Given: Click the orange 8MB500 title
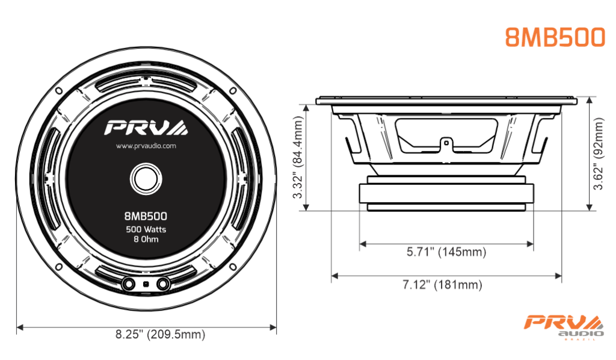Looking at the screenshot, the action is pos(555,37).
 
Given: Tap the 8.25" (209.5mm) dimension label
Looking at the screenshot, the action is pos(160,335).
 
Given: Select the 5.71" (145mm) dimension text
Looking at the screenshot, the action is pos(446,252).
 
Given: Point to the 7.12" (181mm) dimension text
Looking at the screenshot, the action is pos(442,284).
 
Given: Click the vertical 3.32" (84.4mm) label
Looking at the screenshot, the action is pos(298,157).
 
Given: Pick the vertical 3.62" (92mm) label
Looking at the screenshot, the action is pos(598,154).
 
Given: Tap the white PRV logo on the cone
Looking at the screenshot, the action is pos(146,128).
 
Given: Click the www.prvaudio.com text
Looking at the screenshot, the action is pos(146,146).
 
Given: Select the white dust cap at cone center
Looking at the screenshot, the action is pos(146,179).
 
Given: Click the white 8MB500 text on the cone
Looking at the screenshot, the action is pos(146,216).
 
